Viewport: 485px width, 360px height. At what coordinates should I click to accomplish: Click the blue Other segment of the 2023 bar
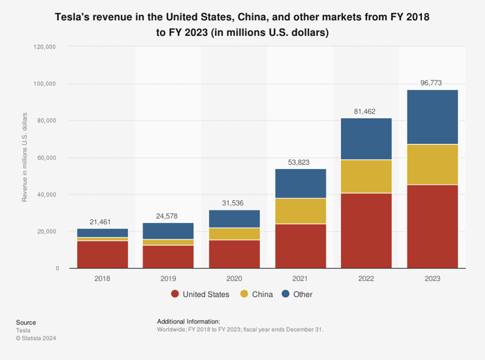pyautogui.click(x=432, y=117)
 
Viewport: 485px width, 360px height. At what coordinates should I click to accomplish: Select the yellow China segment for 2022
pyautogui.click(x=366, y=177)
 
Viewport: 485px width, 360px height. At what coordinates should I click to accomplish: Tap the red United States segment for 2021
pyautogui.click(x=300, y=246)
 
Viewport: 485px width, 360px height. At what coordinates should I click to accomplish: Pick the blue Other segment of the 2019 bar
pyautogui.click(x=168, y=231)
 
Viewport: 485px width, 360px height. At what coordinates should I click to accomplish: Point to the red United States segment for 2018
pyautogui.click(x=102, y=254)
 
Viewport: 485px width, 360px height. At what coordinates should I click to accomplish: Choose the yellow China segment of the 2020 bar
pyautogui.click(x=234, y=234)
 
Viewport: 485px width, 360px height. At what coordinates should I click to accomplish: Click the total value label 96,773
pyautogui.click(x=432, y=83)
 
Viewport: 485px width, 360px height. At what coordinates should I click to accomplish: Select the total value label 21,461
pyautogui.click(x=102, y=222)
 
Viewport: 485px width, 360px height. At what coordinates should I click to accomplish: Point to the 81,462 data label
pyautogui.click(x=366, y=111)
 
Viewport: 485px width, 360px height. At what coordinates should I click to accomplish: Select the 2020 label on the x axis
pyautogui.click(x=234, y=278)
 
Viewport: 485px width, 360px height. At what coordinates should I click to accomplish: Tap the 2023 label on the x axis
pyautogui.click(x=432, y=278)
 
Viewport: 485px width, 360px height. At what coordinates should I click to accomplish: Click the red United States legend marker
pyautogui.click(x=175, y=294)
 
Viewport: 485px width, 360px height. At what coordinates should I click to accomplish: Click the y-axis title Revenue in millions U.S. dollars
pyautogui.click(x=25, y=157)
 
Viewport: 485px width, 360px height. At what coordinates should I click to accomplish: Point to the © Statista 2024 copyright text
pyautogui.click(x=36, y=339)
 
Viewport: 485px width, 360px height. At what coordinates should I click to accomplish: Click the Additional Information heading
pyautogui.click(x=188, y=322)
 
